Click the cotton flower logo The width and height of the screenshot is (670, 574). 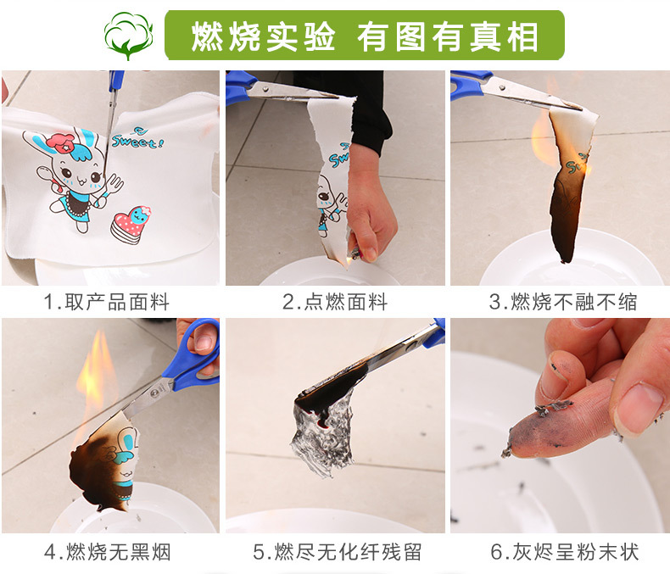(128, 36)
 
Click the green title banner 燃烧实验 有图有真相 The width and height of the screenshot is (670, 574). (365, 36)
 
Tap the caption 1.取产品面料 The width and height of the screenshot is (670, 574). (107, 302)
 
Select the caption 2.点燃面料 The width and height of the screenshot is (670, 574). (335, 302)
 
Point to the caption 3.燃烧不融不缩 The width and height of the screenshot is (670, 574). (563, 302)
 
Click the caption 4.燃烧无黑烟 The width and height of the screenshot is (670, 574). (108, 552)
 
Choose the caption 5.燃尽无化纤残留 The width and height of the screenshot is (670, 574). (338, 552)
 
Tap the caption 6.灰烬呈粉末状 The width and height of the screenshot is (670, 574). (565, 552)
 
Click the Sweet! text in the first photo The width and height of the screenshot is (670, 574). (137, 138)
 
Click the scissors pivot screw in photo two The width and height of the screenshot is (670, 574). (265, 89)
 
